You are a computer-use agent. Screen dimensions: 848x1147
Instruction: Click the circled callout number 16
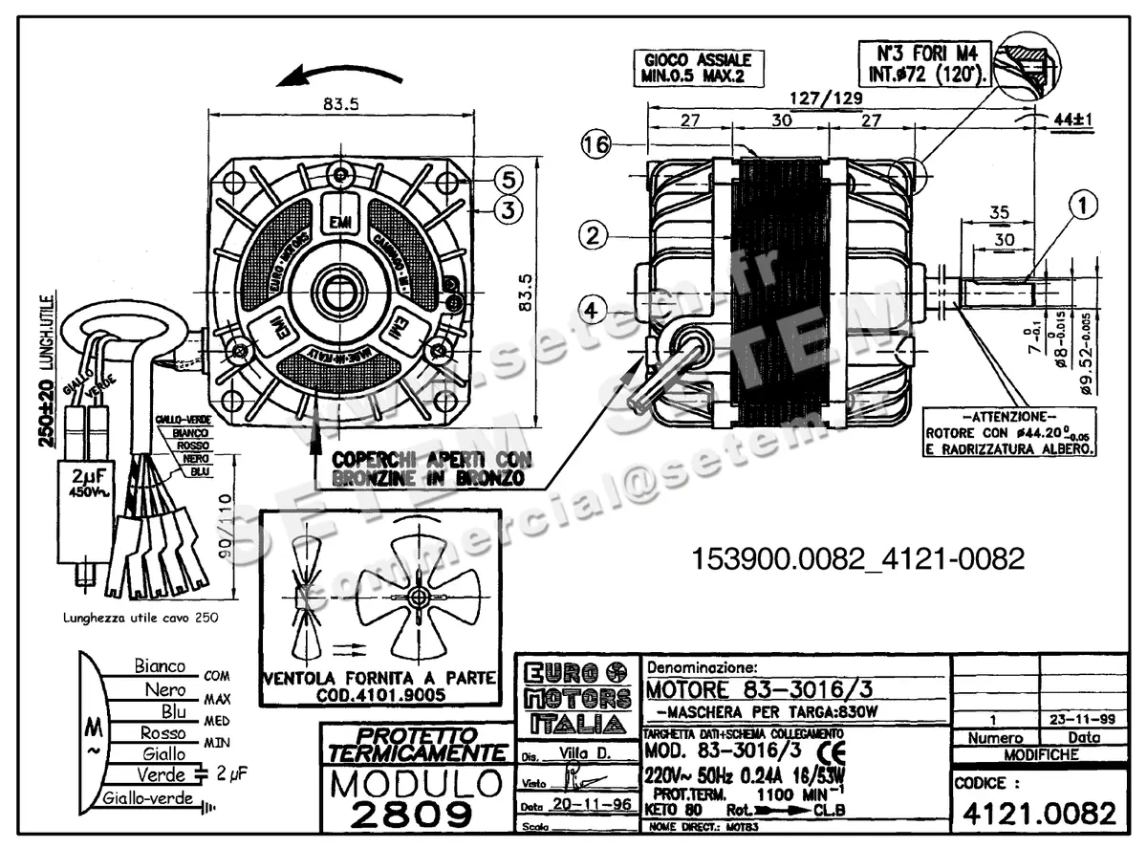tap(596, 145)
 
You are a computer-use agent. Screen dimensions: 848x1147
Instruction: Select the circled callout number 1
tap(1082, 204)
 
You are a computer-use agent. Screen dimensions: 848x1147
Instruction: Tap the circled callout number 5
tap(509, 179)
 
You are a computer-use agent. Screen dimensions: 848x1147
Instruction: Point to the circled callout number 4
tap(593, 310)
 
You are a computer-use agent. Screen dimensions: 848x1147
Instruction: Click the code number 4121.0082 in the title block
tap(1038, 814)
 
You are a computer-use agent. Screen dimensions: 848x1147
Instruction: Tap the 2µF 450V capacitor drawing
tap(91, 488)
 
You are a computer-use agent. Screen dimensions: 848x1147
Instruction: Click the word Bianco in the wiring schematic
tap(160, 665)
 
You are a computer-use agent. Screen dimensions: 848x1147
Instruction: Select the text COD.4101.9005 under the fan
tap(379, 696)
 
